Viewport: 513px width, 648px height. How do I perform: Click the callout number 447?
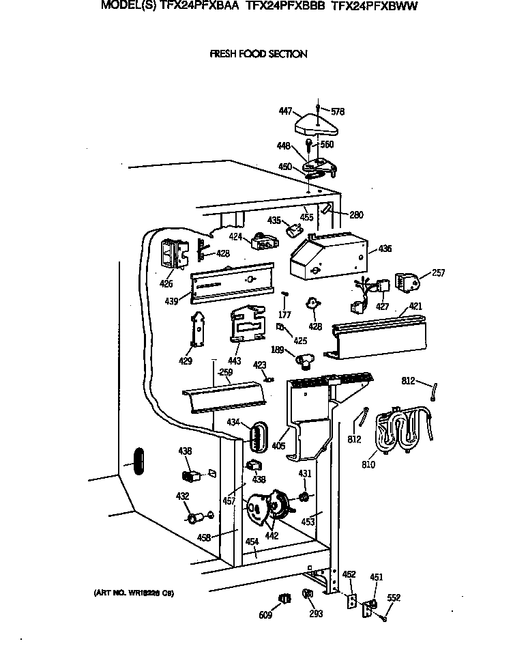pyautogui.click(x=285, y=111)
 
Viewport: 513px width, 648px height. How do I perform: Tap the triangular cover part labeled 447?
pyautogui.click(x=317, y=125)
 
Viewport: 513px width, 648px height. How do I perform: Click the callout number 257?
pyautogui.click(x=438, y=273)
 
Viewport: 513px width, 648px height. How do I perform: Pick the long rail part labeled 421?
pyautogui.click(x=378, y=338)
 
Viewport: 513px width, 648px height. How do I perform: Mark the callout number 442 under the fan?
pyautogui.click(x=272, y=536)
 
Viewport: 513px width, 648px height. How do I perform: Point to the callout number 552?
pyautogui.click(x=394, y=597)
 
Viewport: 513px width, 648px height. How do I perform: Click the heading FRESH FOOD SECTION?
pyautogui.click(x=259, y=54)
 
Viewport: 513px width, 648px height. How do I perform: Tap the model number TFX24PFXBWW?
pyautogui.click(x=374, y=6)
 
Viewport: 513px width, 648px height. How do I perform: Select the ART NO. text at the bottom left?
pyautogui.click(x=133, y=593)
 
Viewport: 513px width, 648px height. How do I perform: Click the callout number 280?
pyautogui.click(x=356, y=214)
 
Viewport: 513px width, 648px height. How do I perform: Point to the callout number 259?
pyautogui.click(x=225, y=373)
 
